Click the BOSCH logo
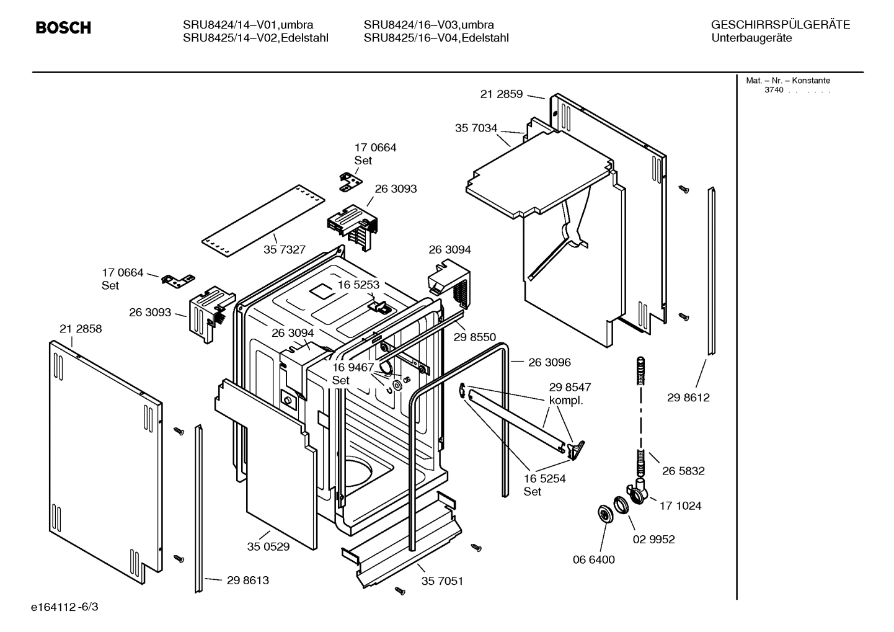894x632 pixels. [x=63, y=28]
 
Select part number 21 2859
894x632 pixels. [x=501, y=94]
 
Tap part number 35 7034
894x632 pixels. [x=476, y=128]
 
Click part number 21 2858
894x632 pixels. [x=81, y=329]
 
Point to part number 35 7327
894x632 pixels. [x=285, y=249]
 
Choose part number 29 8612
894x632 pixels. [x=688, y=398]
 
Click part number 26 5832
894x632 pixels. [x=683, y=471]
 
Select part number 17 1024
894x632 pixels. [x=680, y=505]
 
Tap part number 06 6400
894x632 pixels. [x=593, y=559]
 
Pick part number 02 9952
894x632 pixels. [x=653, y=539]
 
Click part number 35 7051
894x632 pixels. [x=442, y=581]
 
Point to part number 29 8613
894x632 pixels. [x=247, y=581]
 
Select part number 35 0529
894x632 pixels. [x=268, y=546]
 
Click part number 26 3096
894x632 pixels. [x=549, y=362]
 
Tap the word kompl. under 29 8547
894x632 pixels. [x=566, y=401]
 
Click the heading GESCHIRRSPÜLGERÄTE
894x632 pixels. [x=780, y=25]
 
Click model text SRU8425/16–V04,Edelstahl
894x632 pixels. [x=436, y=38]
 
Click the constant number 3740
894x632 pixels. [x=773, y=90]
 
